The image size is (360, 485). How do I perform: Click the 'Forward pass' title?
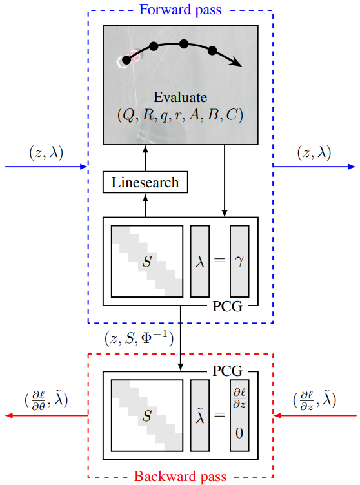tap(180, 10)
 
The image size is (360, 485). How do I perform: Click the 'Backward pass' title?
tap(180, 477)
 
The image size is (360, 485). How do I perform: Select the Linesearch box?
tap(145, 182)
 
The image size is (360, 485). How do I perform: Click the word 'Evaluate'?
tap(181, 98)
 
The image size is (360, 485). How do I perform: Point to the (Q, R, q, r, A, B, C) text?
tap(181, 115)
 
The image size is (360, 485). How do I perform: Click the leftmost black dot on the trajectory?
tap(126, 60)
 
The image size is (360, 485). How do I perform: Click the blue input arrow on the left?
tap(45, 167)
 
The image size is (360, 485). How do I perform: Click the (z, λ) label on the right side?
tap(314, 152)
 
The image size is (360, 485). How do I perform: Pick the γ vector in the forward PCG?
tap(239, 260)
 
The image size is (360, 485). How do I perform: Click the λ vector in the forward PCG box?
tap(200, 260)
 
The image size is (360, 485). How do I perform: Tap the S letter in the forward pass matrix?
tap(146, 262)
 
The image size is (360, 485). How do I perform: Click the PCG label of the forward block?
tap(228, 305)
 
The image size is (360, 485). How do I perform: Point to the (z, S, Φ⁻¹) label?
tap(139, 337)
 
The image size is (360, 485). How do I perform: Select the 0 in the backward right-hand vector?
tap(239, 434)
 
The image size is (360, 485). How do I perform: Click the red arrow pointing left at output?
tap(45, 416)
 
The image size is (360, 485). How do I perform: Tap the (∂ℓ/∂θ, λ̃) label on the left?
tap(46, 399)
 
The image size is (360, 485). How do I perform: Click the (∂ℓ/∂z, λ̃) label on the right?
tap(314, 399)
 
